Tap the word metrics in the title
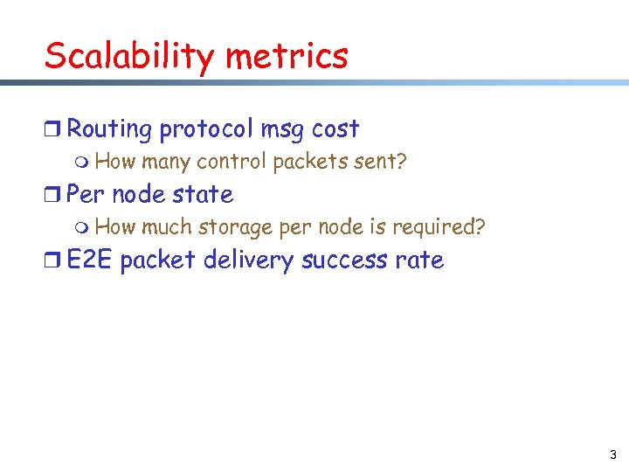pos(287,57)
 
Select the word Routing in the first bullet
pos(109,129)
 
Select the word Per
pos(86,194)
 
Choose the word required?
pos(439,227)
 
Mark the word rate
pos(418,260)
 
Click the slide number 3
pos(612,455)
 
